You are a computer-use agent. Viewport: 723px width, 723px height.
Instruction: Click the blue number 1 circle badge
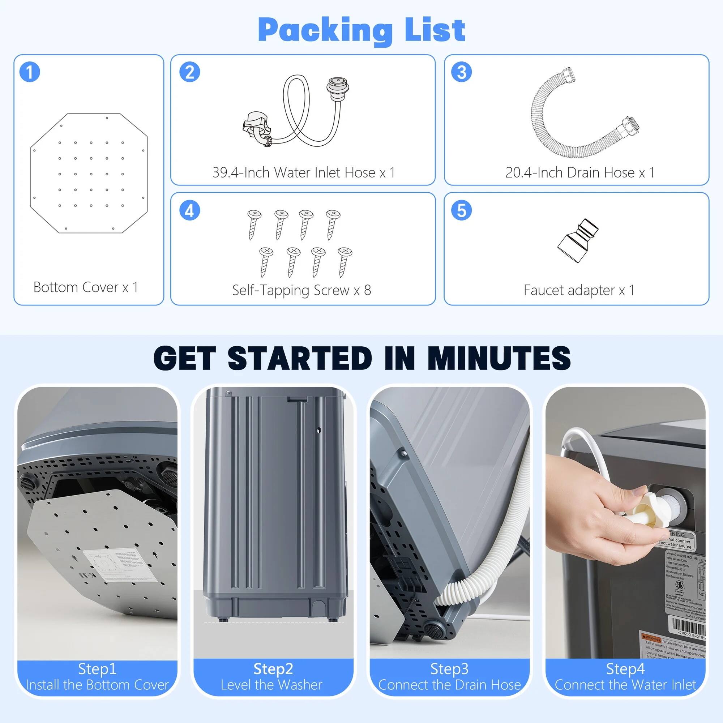click(x=30, y=72)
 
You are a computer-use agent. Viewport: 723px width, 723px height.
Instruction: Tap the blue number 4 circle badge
click(x=189, y=210)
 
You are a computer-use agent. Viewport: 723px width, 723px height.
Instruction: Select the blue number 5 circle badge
click(x=461, y=210)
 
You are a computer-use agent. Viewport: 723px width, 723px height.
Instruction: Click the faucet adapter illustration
click(x=577, y=241)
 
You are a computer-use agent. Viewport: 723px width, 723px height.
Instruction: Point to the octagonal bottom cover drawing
click(x=89, y=173)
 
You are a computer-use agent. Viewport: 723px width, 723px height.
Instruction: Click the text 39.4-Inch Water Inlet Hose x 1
click(x=304, y=172)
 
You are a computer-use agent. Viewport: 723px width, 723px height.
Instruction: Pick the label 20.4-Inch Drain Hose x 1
click(x=580, y=172)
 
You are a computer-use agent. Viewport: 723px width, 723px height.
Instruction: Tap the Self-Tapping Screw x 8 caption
click(x=301, y=290)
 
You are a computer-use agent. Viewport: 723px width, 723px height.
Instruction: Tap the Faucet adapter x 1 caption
click(x=579, y=290)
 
